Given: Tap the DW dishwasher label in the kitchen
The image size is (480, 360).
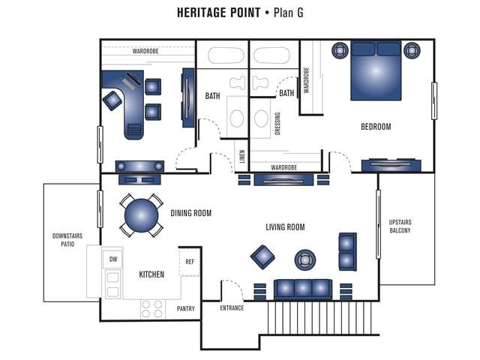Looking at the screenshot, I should (113, 259).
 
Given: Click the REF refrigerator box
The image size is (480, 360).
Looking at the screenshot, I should (190, 262).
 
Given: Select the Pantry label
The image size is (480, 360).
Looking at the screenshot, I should (186, 308).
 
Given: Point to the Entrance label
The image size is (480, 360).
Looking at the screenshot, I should (232, 308).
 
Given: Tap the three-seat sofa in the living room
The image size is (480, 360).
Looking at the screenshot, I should (302, 289).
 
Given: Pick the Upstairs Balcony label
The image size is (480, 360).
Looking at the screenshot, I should (400, 226).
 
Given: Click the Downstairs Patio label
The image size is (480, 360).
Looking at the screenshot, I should (67, 240).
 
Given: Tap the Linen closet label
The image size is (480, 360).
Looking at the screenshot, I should (241, 157).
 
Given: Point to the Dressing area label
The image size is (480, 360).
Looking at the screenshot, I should (277, 122).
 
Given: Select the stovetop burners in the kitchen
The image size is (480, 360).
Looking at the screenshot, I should (152, 308).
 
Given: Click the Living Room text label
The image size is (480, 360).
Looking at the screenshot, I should (285, 227).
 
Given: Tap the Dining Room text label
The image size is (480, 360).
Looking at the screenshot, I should (190, 214).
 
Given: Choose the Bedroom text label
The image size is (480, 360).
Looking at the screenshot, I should (376, 127).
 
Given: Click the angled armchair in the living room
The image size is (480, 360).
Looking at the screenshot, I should (262, 256).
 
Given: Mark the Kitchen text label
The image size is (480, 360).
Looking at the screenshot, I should (151, 275).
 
